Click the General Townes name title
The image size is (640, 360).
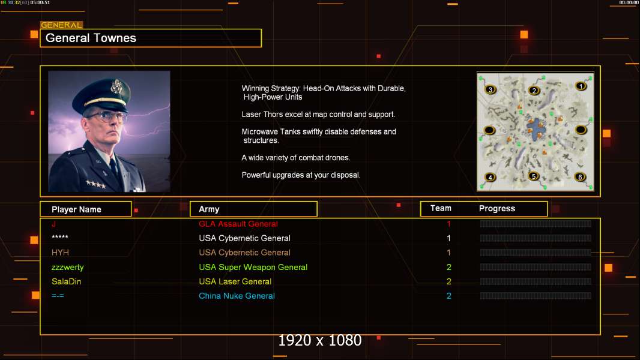pos(91,38)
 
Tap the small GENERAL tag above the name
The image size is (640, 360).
pos(61,25)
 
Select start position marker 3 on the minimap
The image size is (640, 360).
pos(490,89)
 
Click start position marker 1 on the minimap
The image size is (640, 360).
pos(581,86)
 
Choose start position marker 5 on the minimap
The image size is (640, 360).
pos(534,176)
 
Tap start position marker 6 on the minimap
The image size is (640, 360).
pos(579,177)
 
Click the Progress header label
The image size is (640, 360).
pos(497,208)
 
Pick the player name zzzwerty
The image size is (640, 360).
pos(67,267)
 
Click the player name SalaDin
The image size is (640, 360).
pos(66,281)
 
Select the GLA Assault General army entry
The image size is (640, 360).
pos(238,224)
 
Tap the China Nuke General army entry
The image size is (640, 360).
pos(237,296)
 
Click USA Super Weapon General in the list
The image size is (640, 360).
pos(253,267)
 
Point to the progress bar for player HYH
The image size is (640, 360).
pos(535,253)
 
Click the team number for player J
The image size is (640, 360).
pos(448,224)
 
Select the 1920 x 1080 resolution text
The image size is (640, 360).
pos(319,340)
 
